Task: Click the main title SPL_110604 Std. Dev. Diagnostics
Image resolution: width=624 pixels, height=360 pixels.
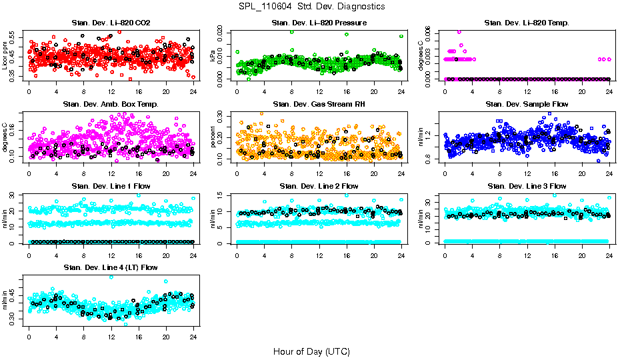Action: (311, 7)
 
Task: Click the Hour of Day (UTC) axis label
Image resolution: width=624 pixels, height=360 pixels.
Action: (311, 351)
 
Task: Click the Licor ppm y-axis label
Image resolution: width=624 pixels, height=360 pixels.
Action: (5, 55)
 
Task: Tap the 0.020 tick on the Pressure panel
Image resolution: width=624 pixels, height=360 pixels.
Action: (223, 31)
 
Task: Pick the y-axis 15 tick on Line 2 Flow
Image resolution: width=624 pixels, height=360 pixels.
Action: (223, 195)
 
